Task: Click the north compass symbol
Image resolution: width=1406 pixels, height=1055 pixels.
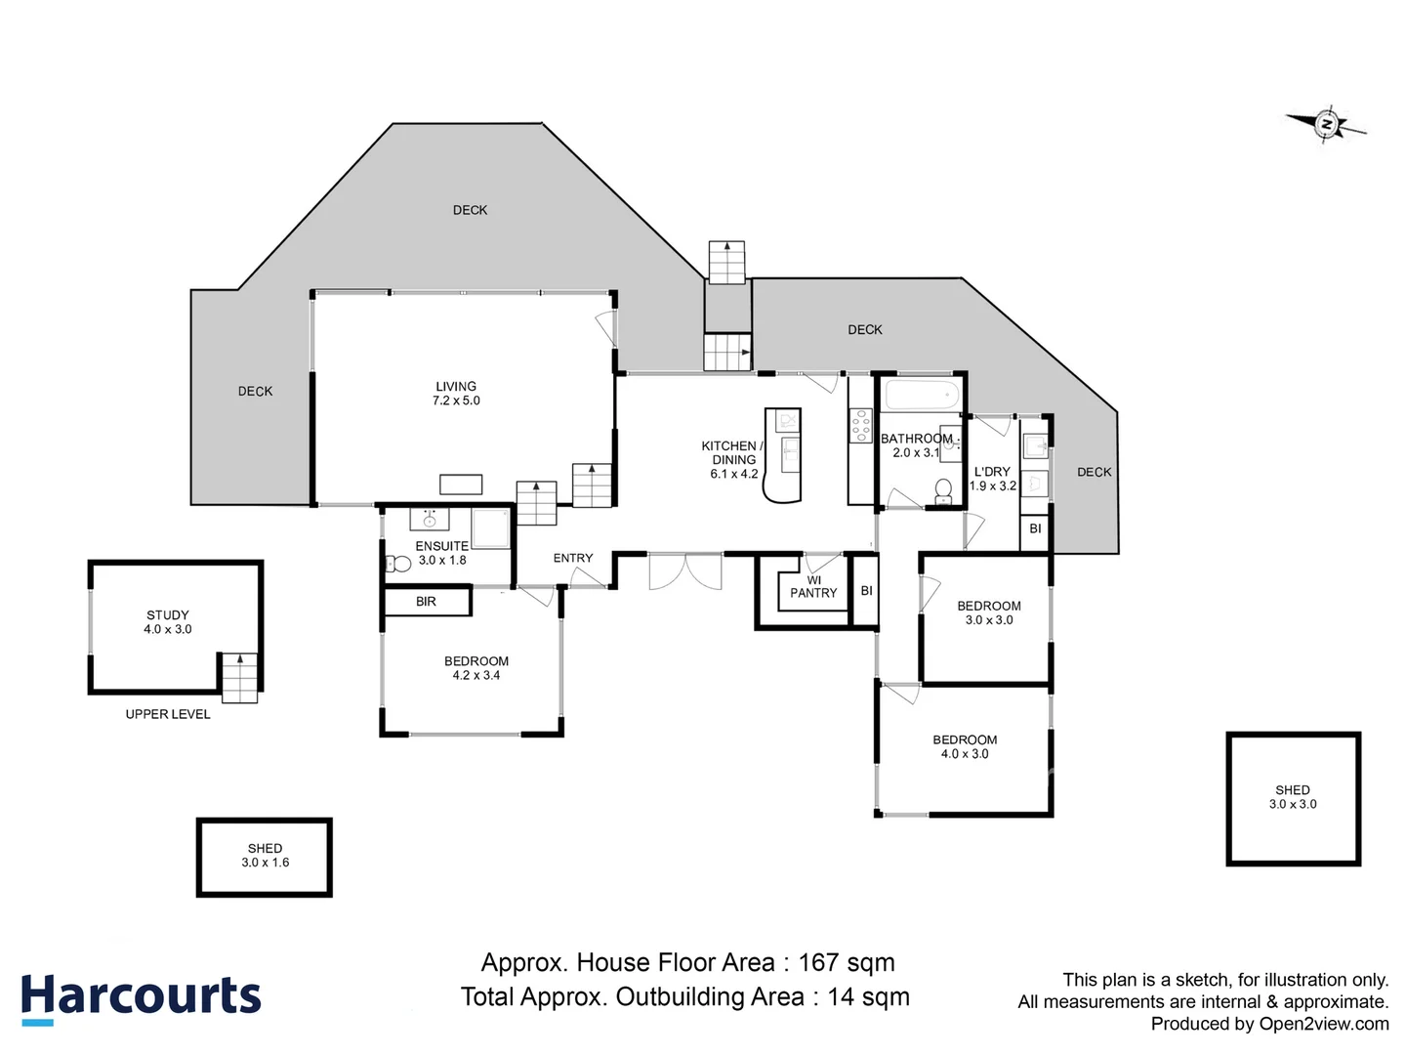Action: point(1326,124)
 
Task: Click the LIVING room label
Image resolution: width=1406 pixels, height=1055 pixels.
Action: point(456,387)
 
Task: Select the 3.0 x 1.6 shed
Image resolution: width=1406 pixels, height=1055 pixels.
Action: point(265,857)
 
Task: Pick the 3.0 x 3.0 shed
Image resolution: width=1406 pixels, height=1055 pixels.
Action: point(1293,798)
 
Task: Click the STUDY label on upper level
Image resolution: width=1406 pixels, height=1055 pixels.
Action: point(168,615)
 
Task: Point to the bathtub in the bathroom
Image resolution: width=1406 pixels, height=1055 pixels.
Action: point(921,397)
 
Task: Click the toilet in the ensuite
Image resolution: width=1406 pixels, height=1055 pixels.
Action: point(398,564)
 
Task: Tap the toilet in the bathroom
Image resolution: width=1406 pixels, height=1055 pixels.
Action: point(943,489)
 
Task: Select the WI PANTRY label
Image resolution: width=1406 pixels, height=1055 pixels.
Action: point(813,587)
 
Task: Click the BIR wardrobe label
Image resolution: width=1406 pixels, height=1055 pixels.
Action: point(426,602)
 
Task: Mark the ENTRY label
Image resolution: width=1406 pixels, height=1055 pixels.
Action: point(573,559)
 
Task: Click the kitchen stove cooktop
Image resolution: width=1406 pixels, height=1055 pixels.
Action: point(860,425)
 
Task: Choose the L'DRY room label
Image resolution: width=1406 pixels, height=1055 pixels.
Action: point(992,472)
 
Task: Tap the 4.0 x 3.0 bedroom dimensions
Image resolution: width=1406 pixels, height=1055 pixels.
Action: point(965,754)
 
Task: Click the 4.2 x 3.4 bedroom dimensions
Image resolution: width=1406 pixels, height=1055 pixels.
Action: point(476,676)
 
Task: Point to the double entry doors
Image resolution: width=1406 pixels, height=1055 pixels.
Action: point(685,571)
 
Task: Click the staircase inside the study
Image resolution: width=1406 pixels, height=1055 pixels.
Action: point(239,677)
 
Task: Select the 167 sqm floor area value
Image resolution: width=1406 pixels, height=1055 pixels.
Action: point(846,963)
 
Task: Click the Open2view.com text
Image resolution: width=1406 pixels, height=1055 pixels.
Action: point(1324,1024)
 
